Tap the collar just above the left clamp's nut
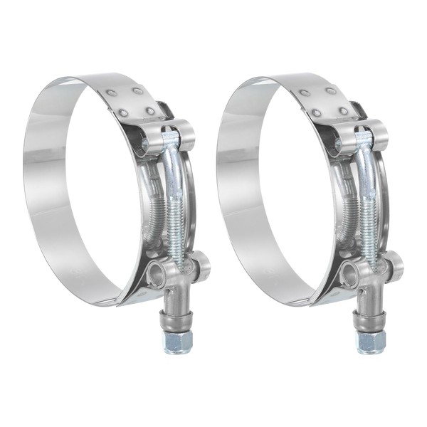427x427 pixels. [177, 317]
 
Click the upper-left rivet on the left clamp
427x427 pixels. [111, 93]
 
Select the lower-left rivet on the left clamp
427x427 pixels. [124, 112]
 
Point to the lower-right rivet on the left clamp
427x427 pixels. [150, 111]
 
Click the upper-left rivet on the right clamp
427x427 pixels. [305, 93]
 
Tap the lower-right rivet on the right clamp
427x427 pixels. [344, 111]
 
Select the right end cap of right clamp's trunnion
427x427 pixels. [396, 265]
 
